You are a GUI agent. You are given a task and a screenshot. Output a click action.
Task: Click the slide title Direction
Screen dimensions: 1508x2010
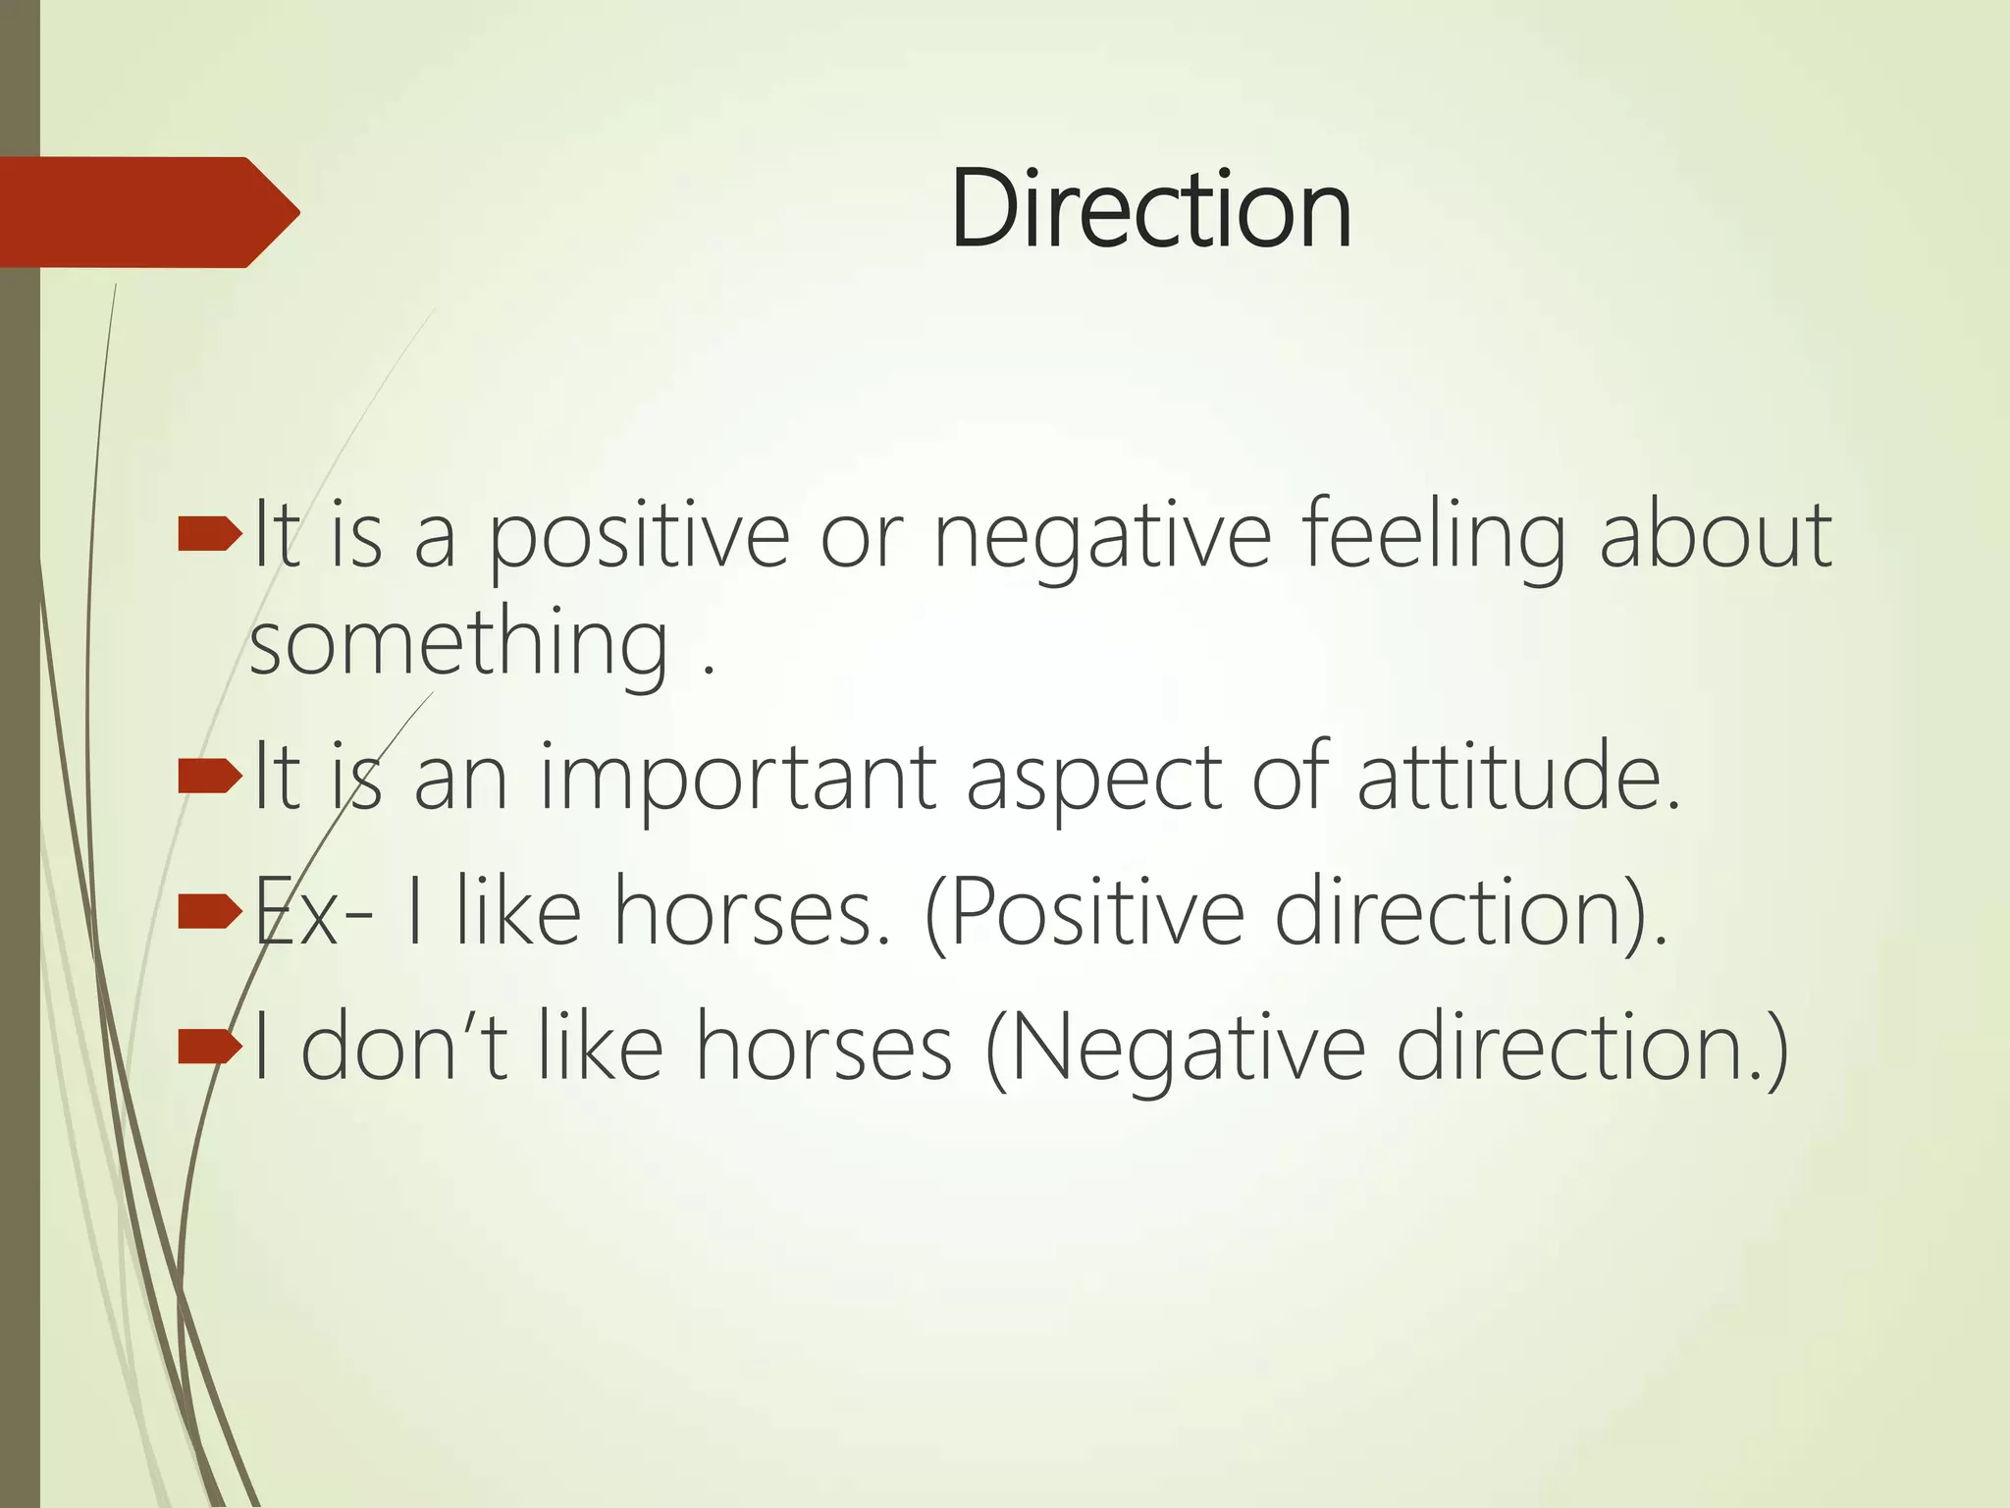click(1150, 210)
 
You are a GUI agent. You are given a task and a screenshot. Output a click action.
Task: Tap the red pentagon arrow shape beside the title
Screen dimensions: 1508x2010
click(147, 212)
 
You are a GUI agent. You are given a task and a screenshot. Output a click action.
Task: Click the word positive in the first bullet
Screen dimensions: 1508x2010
click(639, 536)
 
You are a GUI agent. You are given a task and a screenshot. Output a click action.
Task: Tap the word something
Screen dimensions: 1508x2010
click(459, 643)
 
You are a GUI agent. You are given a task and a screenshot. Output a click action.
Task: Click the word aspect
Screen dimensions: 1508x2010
click(1093, 780)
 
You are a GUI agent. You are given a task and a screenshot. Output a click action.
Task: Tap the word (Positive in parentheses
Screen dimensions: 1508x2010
click(1084, 913)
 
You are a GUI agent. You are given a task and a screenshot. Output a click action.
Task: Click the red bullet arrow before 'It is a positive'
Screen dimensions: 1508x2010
click(209, 535)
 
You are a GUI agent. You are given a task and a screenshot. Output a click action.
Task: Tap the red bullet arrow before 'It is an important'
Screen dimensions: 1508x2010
click(209, 778)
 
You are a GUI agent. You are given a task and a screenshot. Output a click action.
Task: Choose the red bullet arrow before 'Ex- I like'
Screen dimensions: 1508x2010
click(209, 912)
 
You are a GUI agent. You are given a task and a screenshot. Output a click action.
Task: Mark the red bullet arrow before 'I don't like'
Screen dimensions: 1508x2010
click(209, 1048)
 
